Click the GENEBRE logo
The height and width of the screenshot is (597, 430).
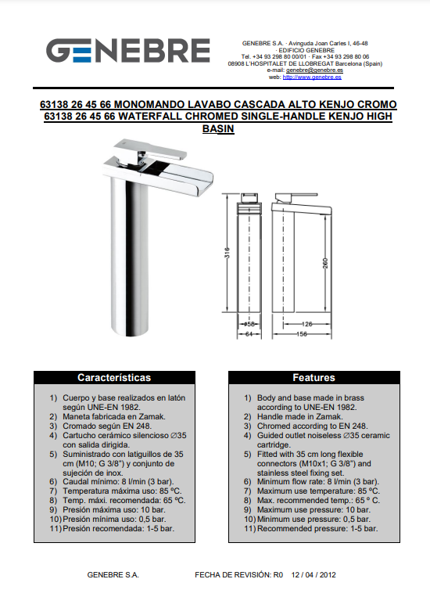pyautogui.click(x=128, y=50)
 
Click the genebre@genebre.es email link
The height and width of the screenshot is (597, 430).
pyautogui.click(x=314, y=70)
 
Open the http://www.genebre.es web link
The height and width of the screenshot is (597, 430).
pyautogui.click(x=312, y=77)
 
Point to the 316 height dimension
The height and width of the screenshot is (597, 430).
pyautogui.click(x=228, y=253)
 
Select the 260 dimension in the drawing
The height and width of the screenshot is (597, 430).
pyautogui.click(x=325, y=264)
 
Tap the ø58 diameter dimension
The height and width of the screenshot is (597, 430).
pyautogui.click(x=249, y=324)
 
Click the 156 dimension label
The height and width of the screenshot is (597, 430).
pyautogui.click(x=301, y=334)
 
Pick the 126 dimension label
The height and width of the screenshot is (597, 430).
pyautogui.click(x=306, y=324)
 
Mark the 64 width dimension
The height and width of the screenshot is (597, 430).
pyautogui.click(x=249, y=334)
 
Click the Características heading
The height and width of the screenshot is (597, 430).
pyautogui.click(x=114, y=377)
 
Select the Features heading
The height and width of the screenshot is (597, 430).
pyautogui.click(x=314, y=377)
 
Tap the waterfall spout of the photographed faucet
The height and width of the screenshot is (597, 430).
pyautogui.click(x=179, y=176)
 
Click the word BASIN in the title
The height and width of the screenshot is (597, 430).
pyautogui.click(x=218, y=128)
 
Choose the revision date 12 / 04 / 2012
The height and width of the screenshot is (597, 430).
pyautogui.click(x=314, y=575)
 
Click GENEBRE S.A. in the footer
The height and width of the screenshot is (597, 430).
pyautogui.click(x=113, y=575)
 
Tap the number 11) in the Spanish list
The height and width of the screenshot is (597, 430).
pyautogui.click(x=56, y=528)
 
